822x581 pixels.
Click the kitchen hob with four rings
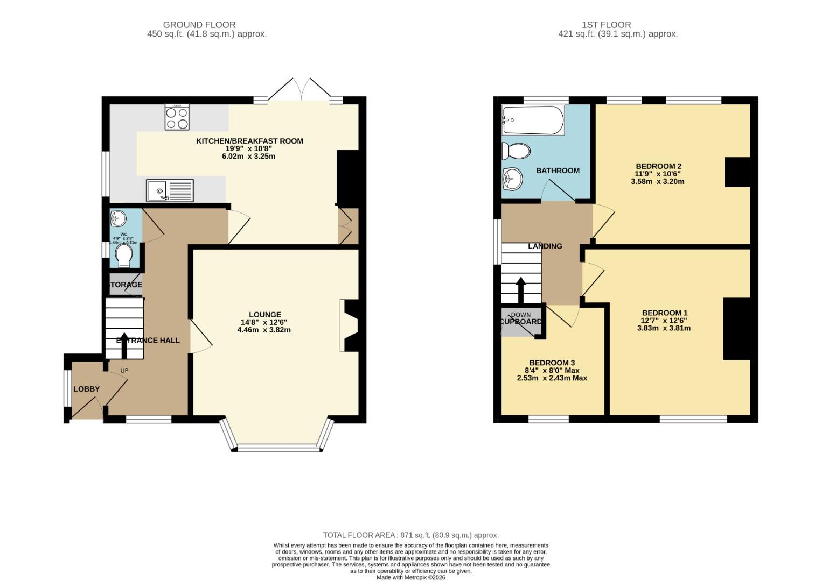point(177,117)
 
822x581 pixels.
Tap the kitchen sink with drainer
point(170,190)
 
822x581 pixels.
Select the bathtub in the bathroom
point(533,121)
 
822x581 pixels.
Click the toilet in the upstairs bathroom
point(516,151)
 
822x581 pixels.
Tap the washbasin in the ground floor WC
point(118,218)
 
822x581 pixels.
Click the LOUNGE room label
point(264,315)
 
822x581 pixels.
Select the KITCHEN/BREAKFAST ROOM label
point(249,141)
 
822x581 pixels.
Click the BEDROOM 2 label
point(658,166)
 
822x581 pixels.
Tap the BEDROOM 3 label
point(552,363)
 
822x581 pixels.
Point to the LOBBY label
point(87,389)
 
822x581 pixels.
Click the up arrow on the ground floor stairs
point(124,349)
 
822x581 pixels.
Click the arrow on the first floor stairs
point(521,290)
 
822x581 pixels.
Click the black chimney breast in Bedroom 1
point(736,328)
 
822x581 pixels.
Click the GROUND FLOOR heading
point(199,25)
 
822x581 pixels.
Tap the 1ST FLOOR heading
point(606,25)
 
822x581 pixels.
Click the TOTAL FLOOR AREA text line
point(410,535)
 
